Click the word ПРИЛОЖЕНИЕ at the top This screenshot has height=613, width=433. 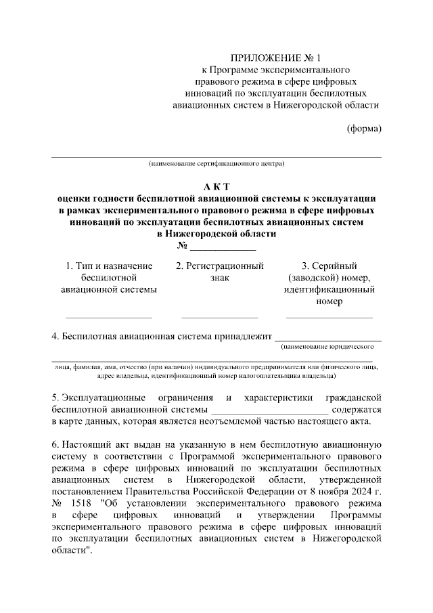258,58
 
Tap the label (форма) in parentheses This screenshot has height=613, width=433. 364,128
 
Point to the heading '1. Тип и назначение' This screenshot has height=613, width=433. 108,266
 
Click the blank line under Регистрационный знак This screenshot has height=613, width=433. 219,316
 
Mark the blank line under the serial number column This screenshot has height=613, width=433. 329,316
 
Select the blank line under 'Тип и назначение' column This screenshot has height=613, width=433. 108,316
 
